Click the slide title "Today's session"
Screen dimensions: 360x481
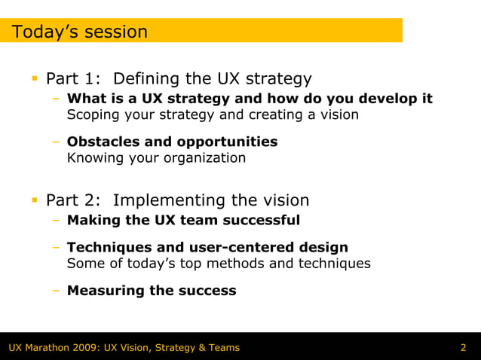click(79, 32)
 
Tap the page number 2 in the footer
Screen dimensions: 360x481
click(463, 347)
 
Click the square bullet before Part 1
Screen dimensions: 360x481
click(34, 79)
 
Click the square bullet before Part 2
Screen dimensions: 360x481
click(34, 200)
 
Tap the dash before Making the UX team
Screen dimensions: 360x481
click(57, 220)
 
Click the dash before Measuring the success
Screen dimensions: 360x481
click(57, 291)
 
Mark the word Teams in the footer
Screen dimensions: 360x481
click(223, 347)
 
